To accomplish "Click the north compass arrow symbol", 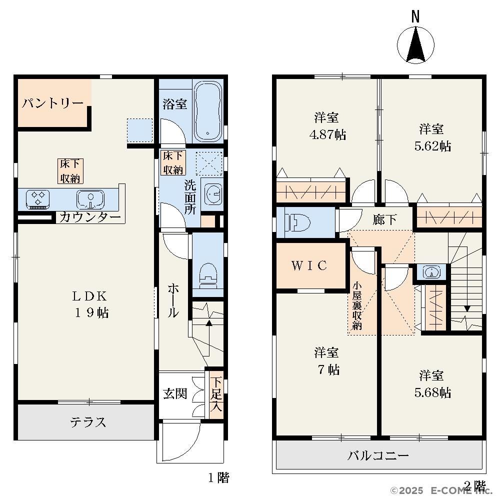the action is (x=415, y=45).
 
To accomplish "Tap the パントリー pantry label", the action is (x=52, y=103).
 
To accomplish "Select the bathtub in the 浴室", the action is (x=208, y=111).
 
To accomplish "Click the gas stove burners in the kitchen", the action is (x=37, y=199).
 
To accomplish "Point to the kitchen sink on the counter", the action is (x=90, y=199).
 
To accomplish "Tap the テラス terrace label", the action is (x=87, y=422).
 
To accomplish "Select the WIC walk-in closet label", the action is (x=309, y=265).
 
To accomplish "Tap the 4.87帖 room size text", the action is (x=327, y=134).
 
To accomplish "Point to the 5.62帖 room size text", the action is (x=432, y=146).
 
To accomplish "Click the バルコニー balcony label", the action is (x=378, y=455).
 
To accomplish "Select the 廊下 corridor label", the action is (x=384, y=219).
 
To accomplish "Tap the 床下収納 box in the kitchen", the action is (x=70, y=171).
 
